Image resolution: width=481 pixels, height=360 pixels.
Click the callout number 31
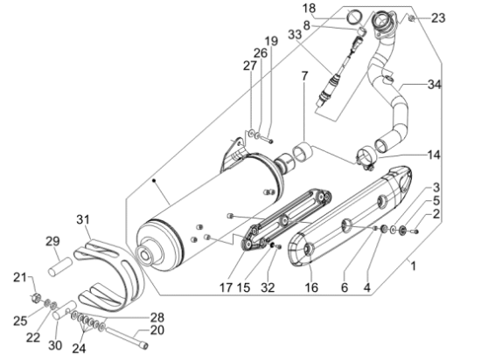pyautogui.click(x=83, y=219)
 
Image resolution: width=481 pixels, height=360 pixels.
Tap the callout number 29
pyautogui.click(x=52, y=241)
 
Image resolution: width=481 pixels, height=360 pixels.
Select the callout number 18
pyautogui.click(x=309, y=8)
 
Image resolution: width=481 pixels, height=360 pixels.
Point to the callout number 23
pyautogui.click(x=438, y=17)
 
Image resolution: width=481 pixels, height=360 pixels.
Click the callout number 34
pyautogui.click(x=435, y=84)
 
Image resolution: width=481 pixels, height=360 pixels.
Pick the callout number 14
pyautogui.click(x=434, y=155)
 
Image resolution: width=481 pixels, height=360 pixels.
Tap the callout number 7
pyautogui.click(x=304, y=76)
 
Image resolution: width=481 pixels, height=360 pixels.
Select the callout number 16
pyautogui.click(x=311, y=287)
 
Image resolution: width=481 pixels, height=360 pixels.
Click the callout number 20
pyautogui.click(x=157, y=330)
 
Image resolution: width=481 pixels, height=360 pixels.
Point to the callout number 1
pyautogui.click(x=413, y=266)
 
